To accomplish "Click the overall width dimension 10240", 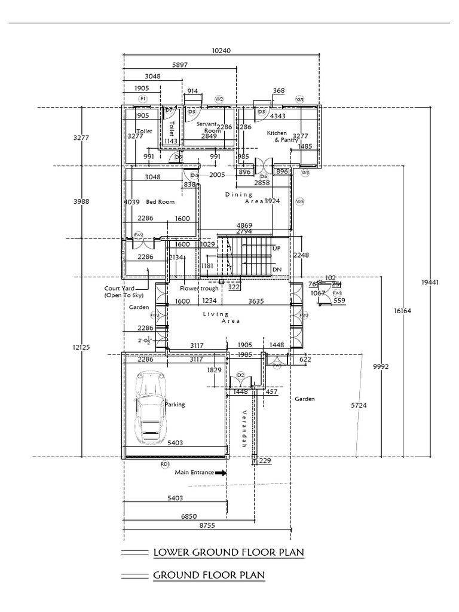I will (221, 51).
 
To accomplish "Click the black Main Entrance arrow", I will (221, 472).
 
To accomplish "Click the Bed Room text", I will (160, 202).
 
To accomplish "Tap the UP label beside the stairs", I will (276, 247).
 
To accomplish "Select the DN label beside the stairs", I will (276, 270).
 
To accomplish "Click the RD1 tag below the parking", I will (165, 464).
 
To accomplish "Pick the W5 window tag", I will (300, 202).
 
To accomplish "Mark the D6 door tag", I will (264, 176).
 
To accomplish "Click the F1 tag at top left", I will (143, 97).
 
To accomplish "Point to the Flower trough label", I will (200, 288).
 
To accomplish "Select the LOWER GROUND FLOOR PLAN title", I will (228, 552).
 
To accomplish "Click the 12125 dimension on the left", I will (81, 347).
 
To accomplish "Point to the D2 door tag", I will (241, 375).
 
